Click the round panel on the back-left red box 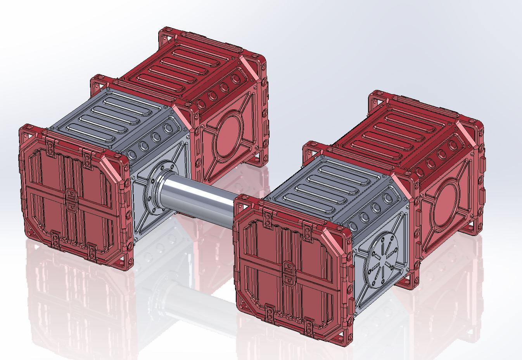pos(229,134)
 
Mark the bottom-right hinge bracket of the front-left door pos(92,251)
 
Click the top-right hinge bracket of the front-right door pos(307,231)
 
